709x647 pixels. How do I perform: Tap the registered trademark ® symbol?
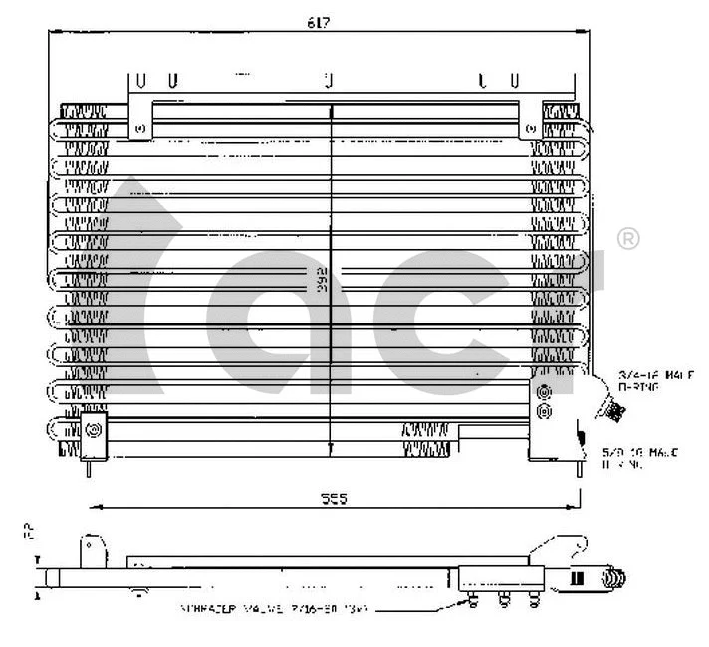coord(629,239)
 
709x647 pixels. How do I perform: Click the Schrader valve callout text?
coord(275,608)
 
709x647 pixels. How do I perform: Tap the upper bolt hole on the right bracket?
coord(543,392)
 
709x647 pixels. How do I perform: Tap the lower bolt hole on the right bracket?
coord(543,409)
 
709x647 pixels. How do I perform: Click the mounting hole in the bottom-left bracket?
coord(95,430)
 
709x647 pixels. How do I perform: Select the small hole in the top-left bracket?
coord(139,128)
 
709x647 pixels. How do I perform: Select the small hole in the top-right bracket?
coord(529,128)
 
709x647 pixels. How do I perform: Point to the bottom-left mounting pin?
coord(90,468)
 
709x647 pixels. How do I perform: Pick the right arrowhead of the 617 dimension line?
coord(582,32)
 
